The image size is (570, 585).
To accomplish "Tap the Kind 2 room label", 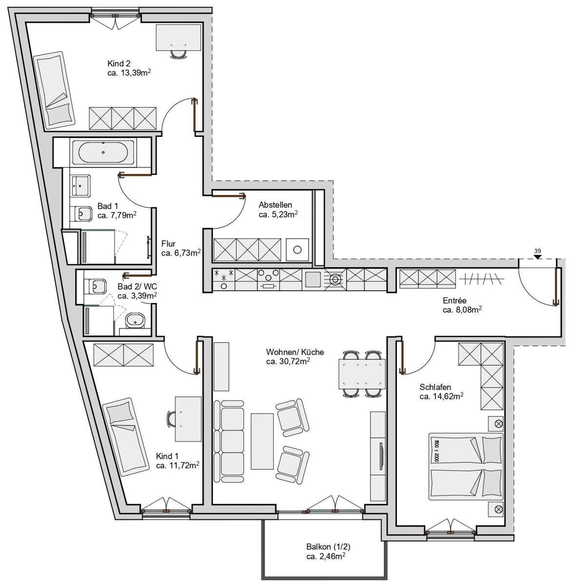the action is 119,63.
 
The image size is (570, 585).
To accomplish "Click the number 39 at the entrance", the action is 537,251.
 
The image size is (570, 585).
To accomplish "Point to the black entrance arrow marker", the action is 537,257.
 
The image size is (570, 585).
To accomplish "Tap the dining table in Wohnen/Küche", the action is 362,373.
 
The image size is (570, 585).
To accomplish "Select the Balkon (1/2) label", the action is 328,546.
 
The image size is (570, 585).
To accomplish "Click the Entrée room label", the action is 454,300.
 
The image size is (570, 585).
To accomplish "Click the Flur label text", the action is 168,243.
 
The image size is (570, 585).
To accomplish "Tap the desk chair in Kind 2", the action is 178,54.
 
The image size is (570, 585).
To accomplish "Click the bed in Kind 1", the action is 125,437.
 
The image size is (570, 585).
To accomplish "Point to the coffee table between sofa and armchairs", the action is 262,441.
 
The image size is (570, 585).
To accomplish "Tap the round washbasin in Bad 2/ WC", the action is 135,321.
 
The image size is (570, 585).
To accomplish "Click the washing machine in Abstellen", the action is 297,250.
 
